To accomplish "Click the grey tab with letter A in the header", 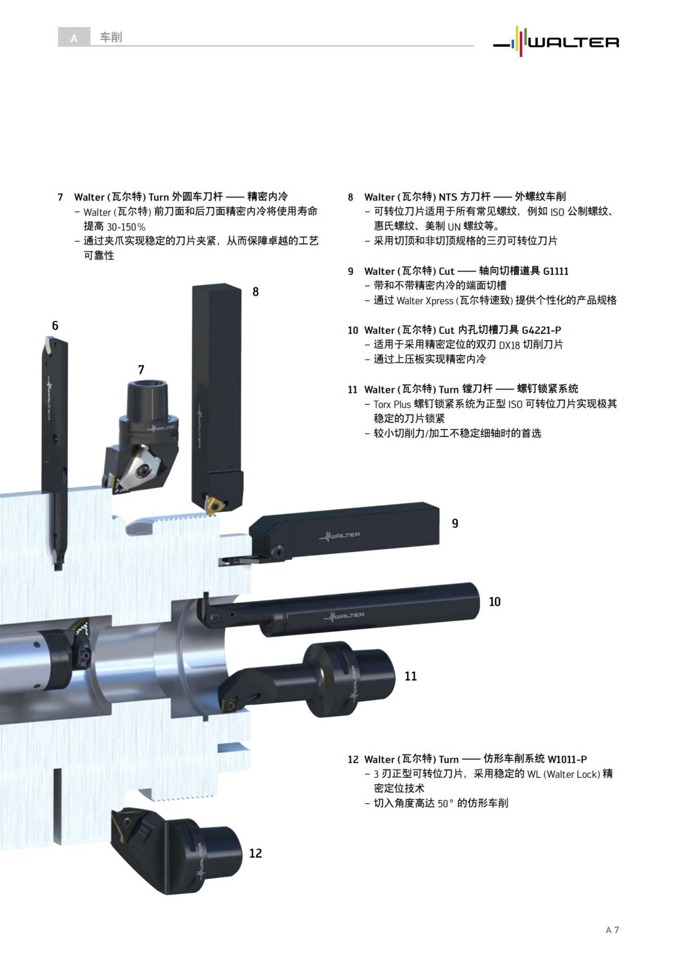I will coord(74,38).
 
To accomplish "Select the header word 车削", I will coord(111,37).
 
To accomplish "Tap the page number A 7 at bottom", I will coord(612,930).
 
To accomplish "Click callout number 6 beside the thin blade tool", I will coord(55,326).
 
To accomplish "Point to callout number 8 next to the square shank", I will coord(256,292).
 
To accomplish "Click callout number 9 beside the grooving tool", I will coord(455,523).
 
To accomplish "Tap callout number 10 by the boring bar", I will coord(494,602).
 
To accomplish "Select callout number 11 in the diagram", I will coord(410,676).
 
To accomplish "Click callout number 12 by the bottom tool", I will coord(255,853).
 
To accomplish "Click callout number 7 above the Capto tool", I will coord(141,370).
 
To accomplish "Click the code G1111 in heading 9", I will coord(555,271).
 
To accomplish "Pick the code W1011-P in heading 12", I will coord(567,759).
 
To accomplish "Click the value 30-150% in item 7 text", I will coord(126,226).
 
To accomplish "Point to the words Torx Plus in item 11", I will coord(392,404).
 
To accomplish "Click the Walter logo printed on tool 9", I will coord(339,535).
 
